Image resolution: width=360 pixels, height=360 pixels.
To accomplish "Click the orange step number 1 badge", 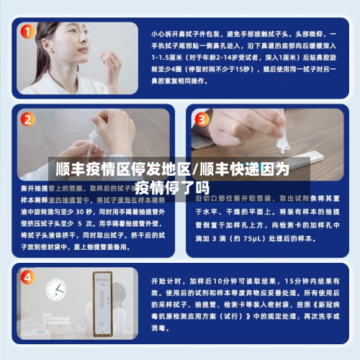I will tap(27, 32).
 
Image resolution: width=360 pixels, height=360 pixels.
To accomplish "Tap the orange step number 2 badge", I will tap(27, 119).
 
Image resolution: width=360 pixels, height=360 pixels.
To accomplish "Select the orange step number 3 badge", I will tap(202, 119).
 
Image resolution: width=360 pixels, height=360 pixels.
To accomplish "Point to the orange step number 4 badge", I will tap(27, 277).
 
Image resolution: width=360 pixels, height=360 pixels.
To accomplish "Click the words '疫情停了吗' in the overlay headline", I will tap(166, 188).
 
